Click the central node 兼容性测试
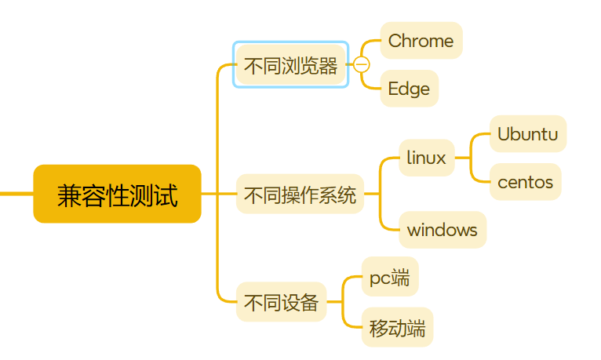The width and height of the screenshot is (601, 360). pos(117,194)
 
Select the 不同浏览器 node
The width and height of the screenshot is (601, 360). pos(290,64)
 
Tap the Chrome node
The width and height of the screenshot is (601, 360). pos(421,41)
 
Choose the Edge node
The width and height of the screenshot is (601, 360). pos(409,89)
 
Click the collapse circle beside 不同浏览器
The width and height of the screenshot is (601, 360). pos(362,64)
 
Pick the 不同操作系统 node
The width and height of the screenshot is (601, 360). pos(300,195)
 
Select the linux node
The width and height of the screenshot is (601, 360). pos(426,158)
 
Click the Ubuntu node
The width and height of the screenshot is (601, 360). pos(527,134)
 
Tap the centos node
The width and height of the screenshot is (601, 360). pos(525,183)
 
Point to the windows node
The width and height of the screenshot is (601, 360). pos(442,230)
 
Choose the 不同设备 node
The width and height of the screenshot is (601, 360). pos(281,302)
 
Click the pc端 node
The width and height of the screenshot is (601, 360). pos(389,277)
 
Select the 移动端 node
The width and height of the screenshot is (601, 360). pos(397,328)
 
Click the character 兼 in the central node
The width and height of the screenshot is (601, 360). pos(68,195)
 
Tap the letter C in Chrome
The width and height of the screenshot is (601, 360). pos(395,41)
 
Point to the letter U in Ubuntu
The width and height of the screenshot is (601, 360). pos(504,134)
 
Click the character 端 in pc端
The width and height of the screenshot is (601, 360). pos(401,277)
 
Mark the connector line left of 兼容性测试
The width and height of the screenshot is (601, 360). pos(16,193)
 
